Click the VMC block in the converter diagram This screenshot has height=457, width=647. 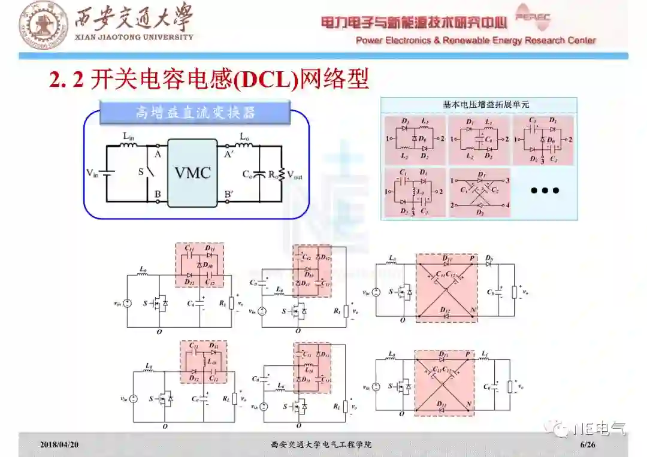(x=192, y=173)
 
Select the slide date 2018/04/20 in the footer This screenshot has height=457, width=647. (x=59, y=445)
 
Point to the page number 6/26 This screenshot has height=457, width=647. (x=588, y=445)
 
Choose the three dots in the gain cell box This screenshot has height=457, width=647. (x=545, y=190)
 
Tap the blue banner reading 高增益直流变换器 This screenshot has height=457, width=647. (x=195, y=113)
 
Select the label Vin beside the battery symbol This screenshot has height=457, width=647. (x=92, y=174)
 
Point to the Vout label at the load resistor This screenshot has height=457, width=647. (x=295, y=176)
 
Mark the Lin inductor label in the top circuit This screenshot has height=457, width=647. (x=129, y=136)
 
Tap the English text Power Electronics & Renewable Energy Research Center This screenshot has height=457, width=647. (x=476, y=41)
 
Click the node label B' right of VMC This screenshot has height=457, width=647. (x=229, y=193)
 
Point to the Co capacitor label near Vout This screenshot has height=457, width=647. (x=247, y=175)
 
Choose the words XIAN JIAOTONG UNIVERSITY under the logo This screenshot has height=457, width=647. (x=134, y=37)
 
